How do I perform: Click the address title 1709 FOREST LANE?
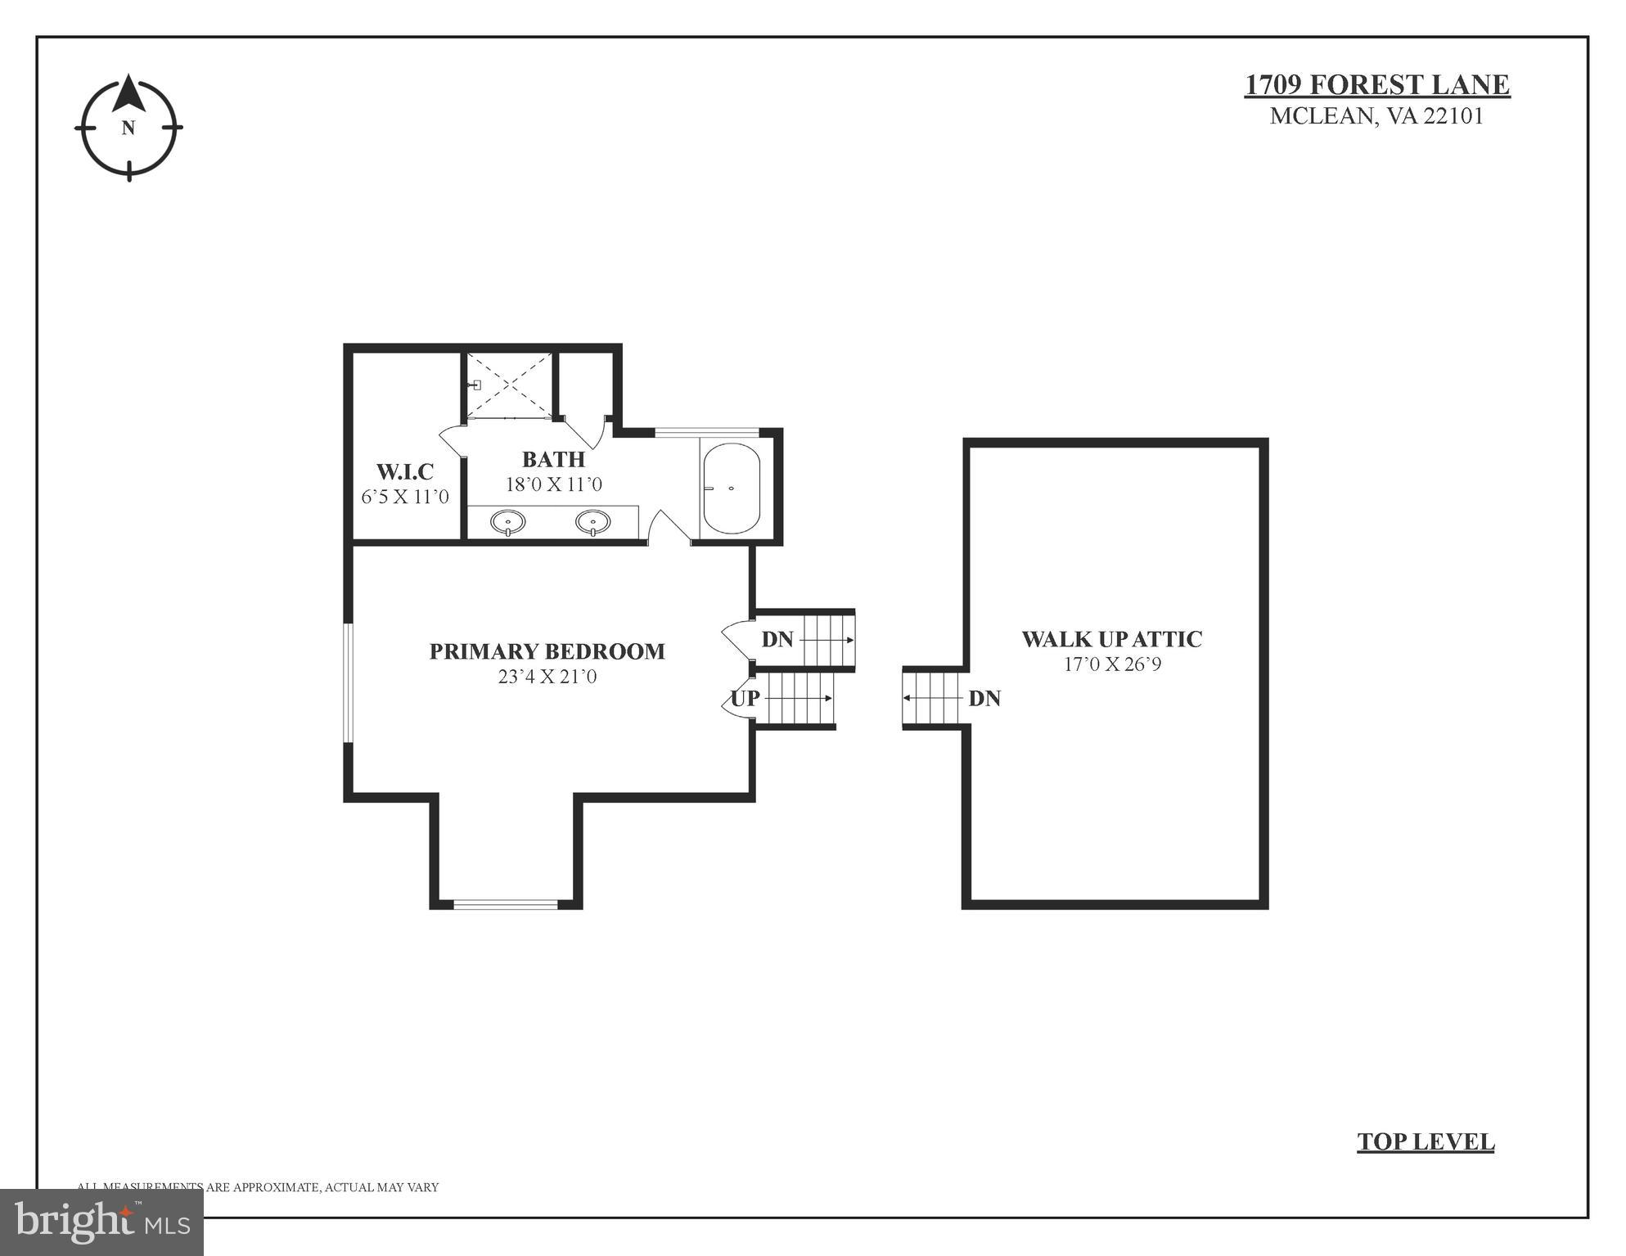[x=1376, y=85]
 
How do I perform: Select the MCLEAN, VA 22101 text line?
[x=1376, y=116]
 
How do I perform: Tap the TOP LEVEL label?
[x=1425, y=1141]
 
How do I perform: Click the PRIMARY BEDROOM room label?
[x=547, y=651]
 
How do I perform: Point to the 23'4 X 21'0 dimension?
[x=547, y=677]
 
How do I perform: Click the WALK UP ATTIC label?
[x=1111, y=639]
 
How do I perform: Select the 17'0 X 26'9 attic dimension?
[x=1111, y=664]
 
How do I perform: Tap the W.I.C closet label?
[x=404, y=471]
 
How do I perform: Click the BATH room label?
[x=553, y=459]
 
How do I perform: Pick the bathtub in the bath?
[x=731, y=488]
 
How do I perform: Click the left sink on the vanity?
[x=507, y=521]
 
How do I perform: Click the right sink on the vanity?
[x=592, y=521]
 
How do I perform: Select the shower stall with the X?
[x=508, y=385]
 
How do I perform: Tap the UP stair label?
[x=745, y=698]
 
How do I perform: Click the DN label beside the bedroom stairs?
[x=777, y=639]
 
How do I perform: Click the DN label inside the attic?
[x=984, y=698]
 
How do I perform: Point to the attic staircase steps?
[x=931, y=698]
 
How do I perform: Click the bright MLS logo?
[x=101, y=1222]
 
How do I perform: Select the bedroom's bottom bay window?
[x=506, y=904]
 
